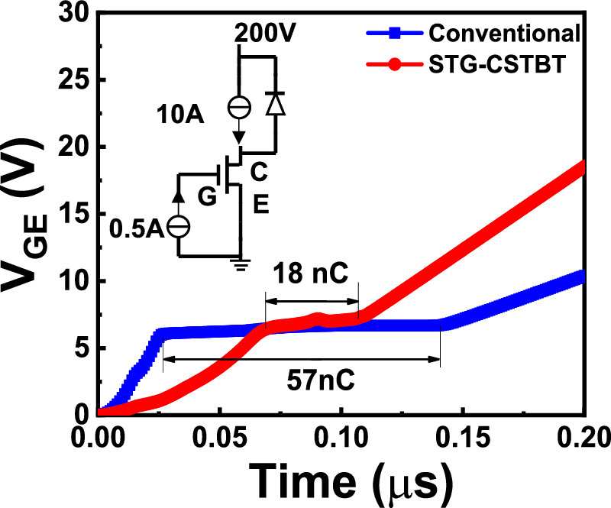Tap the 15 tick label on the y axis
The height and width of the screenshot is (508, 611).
[78, 214]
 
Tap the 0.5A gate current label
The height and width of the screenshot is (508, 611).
[135, 228]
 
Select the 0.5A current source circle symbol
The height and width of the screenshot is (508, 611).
[178, 227]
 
